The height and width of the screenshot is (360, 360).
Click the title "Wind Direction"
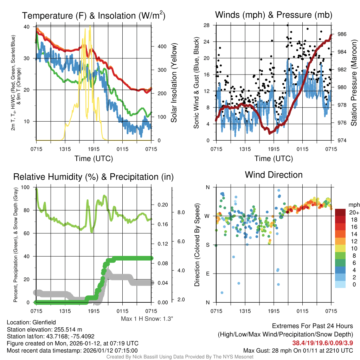click(x=274, y=175)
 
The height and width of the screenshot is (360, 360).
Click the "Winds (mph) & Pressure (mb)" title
click(x=274, y=15)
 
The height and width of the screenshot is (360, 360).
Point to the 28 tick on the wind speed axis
click(x=207, y=25)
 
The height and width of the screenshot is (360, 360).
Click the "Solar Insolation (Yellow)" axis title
click(x=174, y=83)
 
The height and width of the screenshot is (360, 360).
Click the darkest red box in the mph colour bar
click(x=341, y=212)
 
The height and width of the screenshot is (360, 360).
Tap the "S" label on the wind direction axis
click(x=208, y=245)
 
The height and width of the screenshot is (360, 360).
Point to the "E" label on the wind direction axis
click(x=208, y=274)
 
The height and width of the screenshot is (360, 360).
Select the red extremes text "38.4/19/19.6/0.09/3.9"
click(x=322, y=343)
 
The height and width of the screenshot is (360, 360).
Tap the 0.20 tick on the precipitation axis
click(x=163, y=205)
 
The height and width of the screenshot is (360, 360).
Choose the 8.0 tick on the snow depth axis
click(x=180, y=212)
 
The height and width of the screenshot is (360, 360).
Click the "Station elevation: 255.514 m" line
click(x=44, y=329)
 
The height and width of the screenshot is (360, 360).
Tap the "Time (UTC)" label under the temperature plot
click(x=94, y=159)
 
